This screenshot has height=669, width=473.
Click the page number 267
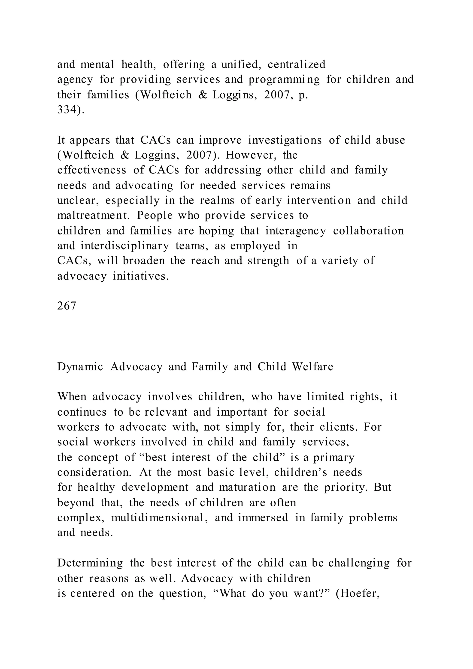point(67,306)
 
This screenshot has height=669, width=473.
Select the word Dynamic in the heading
point(80,367)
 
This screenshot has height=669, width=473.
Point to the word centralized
point(296,64)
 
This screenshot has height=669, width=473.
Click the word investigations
point(285,140)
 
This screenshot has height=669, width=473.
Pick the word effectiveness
point(92,170)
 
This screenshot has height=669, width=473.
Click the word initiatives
point(141,276)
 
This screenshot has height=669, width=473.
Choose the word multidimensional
point(160,518)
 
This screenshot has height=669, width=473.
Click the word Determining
point(90,563)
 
